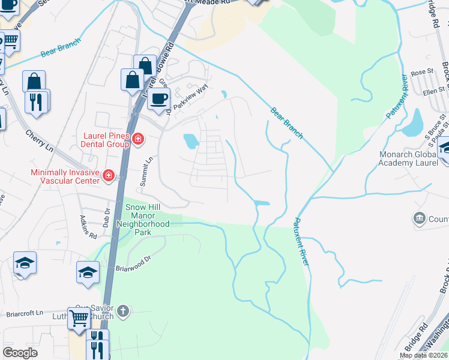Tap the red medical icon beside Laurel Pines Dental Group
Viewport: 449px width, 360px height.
pos(138,140)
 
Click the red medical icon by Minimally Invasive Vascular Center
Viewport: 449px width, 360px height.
pos(109,175)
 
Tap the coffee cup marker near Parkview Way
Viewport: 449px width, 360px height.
pos(158,99)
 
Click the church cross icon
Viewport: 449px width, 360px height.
pos(122,311)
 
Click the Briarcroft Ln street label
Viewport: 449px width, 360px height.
pos(25,313)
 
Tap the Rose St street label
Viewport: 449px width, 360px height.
pos(422,72)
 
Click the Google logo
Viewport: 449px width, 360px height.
pos(20,353)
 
